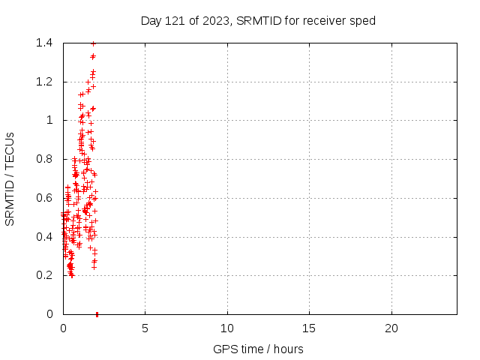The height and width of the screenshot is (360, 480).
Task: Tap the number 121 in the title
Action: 175,20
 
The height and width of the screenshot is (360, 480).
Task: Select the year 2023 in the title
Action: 214,20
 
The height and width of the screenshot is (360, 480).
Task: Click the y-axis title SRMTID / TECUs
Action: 10,178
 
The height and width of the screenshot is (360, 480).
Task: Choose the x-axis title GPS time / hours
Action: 259,349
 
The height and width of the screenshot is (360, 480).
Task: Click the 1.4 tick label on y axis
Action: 43,43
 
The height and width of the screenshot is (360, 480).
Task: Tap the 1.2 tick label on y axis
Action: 43,82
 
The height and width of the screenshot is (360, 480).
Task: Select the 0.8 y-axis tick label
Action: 43,159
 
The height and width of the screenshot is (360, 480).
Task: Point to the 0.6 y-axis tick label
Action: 43,198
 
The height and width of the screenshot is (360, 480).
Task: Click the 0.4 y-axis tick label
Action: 43,237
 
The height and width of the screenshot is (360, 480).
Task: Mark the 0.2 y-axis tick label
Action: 43,275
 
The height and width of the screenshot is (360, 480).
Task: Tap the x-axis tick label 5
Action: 145,328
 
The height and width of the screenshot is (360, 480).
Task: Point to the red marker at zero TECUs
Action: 97,314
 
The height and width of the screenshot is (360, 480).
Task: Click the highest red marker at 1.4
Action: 93,43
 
